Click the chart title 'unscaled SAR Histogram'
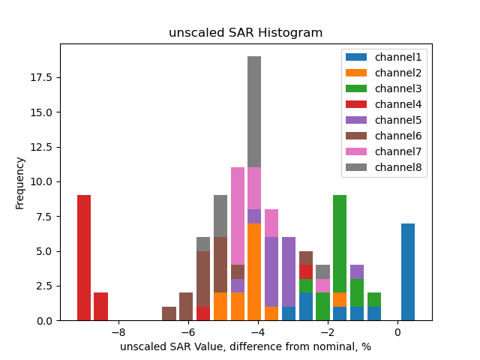(245, 33)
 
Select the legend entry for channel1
(383, 57)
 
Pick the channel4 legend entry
(383, 104)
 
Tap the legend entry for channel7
(383, 151)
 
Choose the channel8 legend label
(383, 167)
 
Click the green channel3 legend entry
(383, 88)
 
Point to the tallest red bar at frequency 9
(84, 258)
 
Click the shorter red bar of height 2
(100, 307)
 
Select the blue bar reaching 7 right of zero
(408, 271)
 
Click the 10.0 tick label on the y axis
(42, 182)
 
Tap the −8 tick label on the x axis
(118, 332)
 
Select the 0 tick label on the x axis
(397, 332)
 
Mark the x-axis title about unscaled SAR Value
(245, 346)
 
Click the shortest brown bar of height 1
(169, 313)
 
